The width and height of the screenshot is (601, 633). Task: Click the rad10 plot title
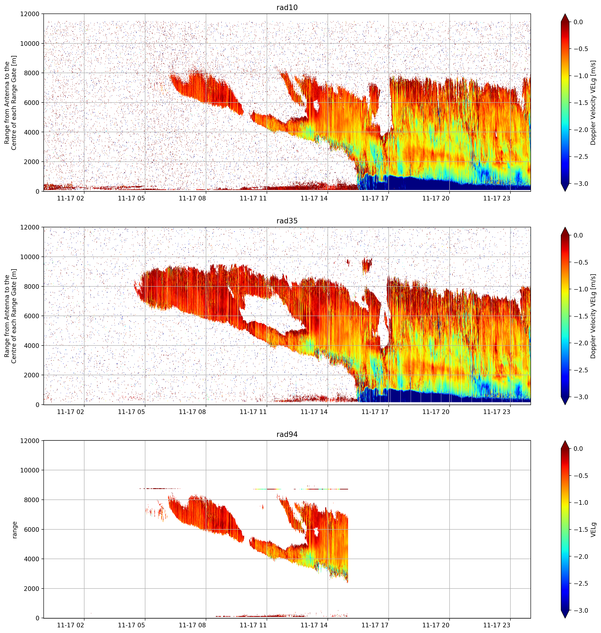point(287,7)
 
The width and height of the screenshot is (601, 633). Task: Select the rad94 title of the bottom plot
point(287,434)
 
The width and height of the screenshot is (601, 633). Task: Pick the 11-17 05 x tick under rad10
point(131,198)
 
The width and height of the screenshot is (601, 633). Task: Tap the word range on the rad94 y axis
point(14,530)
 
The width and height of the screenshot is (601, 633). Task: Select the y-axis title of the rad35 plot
point(10,316)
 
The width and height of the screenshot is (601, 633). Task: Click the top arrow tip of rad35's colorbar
point(565,228)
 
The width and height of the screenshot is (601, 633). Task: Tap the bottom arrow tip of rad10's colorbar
point(565,191)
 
